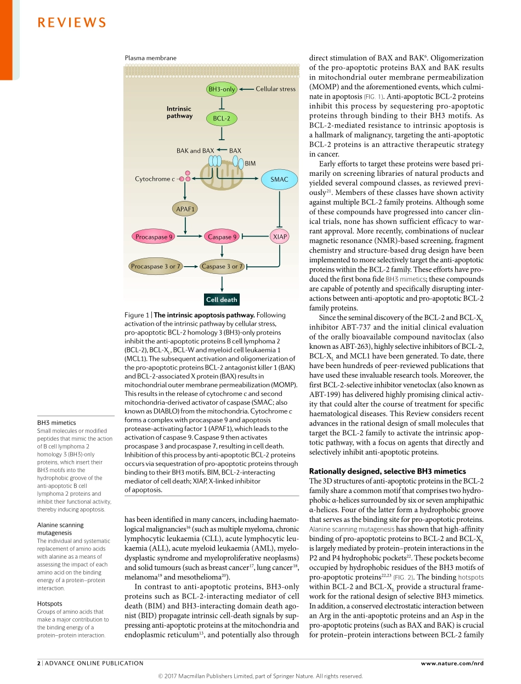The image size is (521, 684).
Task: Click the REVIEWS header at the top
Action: [72, 22]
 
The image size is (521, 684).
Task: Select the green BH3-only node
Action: [222, 89]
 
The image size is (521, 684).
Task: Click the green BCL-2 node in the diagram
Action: [222, 118]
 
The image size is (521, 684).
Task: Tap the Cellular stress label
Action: [275, 89]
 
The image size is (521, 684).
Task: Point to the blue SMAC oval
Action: [279, 180]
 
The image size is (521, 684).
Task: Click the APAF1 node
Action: [185, 209]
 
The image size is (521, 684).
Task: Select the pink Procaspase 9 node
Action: [154, 237]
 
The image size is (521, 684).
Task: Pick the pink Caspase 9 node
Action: [222, 237]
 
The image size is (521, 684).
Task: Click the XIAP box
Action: [280, 237]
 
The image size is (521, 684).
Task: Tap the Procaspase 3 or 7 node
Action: [155, 267]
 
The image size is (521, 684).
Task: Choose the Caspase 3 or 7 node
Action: [222, 267]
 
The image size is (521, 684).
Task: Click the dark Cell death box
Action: [222, 300]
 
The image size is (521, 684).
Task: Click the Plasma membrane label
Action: [151, 58]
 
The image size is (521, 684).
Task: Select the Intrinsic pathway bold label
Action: [179, 112]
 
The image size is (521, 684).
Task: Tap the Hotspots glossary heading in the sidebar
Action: [50, 603]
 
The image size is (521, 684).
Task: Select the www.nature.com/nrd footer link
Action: [452, 663]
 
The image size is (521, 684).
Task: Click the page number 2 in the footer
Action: [39, 663]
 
